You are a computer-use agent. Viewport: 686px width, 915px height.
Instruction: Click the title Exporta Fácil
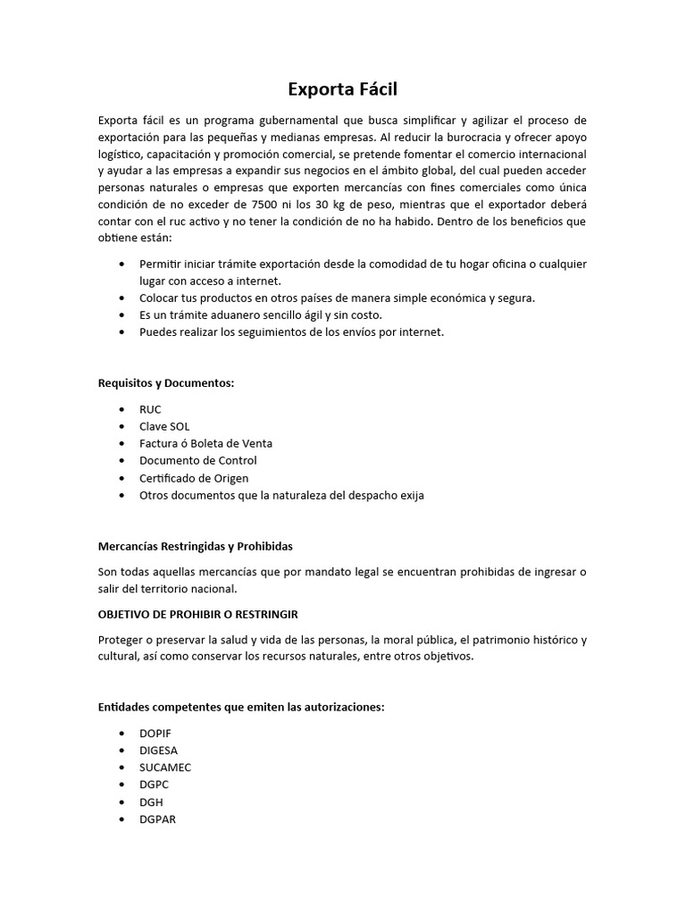[342, 89]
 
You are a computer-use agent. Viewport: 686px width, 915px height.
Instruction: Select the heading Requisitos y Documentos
[165, 383]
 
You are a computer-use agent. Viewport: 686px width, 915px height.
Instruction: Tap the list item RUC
[150, 409]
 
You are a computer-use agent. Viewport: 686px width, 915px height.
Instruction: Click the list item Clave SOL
[164, 426]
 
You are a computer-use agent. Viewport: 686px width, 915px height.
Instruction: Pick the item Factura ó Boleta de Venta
[205, 443]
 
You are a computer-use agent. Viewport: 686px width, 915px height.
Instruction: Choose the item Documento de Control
[197, 460]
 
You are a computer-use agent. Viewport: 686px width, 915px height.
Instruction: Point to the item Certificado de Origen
[194, 478]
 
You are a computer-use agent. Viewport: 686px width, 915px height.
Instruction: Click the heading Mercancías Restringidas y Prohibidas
[195, 545]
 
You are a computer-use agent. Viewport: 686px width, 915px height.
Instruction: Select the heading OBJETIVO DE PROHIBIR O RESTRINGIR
[197, 615]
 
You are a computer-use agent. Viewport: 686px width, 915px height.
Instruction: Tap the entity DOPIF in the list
[155, 733]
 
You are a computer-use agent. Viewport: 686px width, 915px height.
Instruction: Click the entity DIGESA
[158, 750]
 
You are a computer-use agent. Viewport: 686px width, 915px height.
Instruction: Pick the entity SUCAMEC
[165, 768]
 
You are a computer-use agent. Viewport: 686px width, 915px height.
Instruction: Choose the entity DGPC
[154, 785]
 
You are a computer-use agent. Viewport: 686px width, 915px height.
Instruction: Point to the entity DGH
[151, 802]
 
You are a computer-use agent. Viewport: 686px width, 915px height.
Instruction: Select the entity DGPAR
[157, 819]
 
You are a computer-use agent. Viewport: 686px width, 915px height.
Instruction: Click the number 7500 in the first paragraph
[268, 205]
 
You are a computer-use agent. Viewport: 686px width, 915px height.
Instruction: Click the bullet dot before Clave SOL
[121, 427]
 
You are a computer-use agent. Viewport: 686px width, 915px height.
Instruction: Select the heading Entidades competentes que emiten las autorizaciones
[241, 707]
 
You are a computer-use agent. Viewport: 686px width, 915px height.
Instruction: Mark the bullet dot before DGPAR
[121, 819]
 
